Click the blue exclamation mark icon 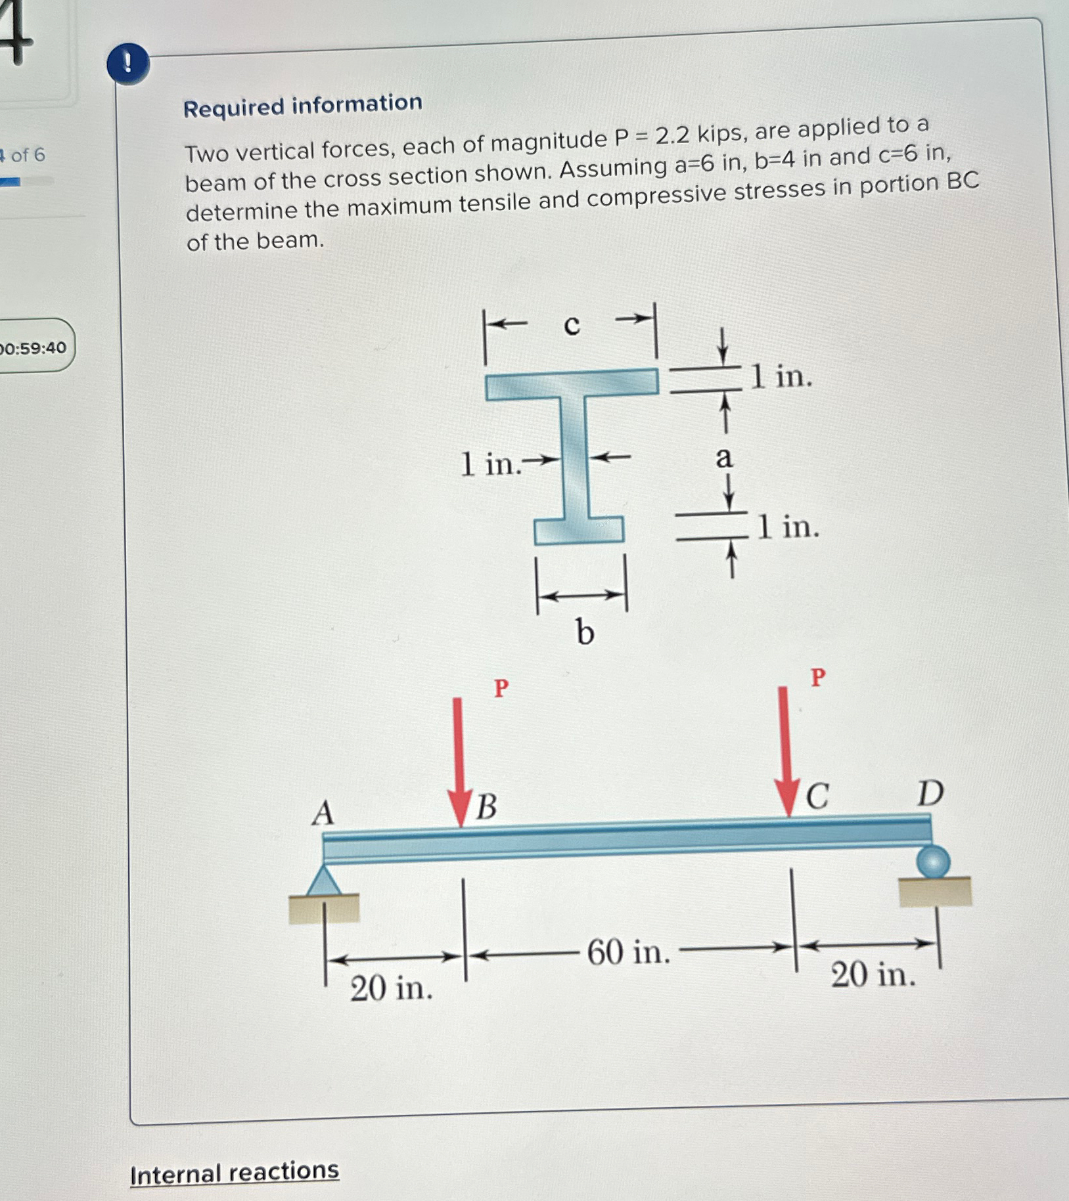127,64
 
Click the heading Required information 302,105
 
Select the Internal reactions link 235,1172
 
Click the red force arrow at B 459,762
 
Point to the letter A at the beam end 323,813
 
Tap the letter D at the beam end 930,793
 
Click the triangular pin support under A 324,881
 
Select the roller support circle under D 933,862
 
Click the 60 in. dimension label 628,951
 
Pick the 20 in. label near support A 391,988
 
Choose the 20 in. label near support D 873,974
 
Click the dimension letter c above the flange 572,324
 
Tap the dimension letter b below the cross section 584,632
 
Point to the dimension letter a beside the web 723,457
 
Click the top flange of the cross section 572,384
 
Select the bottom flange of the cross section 579,531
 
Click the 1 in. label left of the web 490,464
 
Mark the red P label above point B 501,688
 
